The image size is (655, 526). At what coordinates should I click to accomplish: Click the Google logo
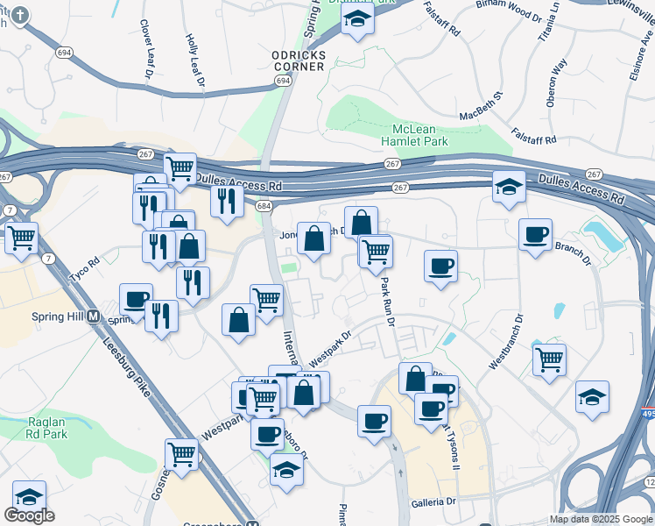(x=29, y=515)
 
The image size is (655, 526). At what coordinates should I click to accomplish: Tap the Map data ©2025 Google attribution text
(x=601, y=519)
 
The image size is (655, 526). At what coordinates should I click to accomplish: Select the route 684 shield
(x=264, y=206)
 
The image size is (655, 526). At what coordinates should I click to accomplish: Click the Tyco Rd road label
(x=85, y=261)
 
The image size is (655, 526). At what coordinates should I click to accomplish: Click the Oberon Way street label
(x=556, y=83)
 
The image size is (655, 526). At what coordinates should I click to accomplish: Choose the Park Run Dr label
(x=386, y=302)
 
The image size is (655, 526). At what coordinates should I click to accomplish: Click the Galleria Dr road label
(x=433, y=502)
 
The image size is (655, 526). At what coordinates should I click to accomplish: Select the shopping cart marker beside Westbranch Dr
(x=549, y=359)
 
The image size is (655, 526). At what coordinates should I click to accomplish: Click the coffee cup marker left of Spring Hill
(x=136, y=299)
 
